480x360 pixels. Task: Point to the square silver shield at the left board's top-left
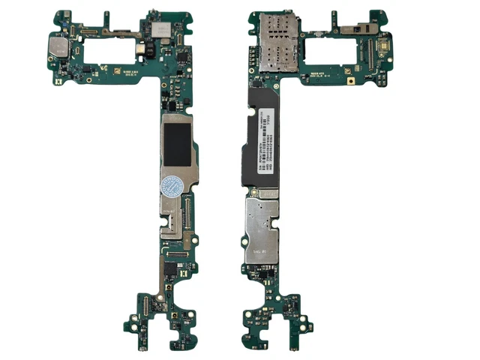(x=58, y=48)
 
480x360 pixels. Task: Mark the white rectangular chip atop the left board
(x=160, y=28)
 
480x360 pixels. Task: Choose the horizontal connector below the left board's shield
(x=177, y=256)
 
